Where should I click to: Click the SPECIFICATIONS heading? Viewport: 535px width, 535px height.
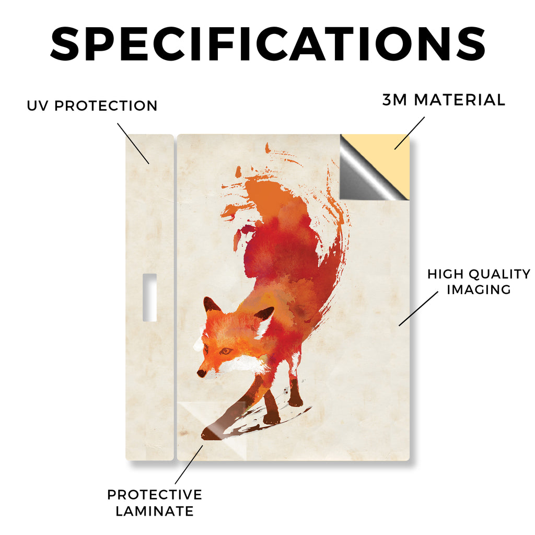(x=267, y=44)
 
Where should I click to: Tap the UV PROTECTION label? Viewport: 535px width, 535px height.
(x=92, y=106)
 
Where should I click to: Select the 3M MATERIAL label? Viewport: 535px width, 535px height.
(x=444, y=100)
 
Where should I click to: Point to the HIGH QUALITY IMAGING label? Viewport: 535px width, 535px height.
(x=479, y=282)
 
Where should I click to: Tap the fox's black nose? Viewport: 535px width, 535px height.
(x=201, y=373)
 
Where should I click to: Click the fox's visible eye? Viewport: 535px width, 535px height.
(x=226, y=351)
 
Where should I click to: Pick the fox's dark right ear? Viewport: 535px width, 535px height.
(x=264, y=314)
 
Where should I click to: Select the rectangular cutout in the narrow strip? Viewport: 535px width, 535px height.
(x=149, y=297)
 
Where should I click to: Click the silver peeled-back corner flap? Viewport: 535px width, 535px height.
(x=362, y=174)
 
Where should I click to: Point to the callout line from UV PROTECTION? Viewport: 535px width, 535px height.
(x=133, y=143)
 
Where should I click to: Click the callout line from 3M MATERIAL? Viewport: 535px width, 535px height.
(x=410, y=133)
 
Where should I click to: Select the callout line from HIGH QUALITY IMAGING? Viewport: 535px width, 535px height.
(x=418, y=308)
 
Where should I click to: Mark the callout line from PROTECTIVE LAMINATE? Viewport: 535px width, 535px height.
(x=189, y=464)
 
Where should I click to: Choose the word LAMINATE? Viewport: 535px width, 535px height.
(x=155, y=511)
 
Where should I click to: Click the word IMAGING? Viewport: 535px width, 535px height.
(x=479, y=289)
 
